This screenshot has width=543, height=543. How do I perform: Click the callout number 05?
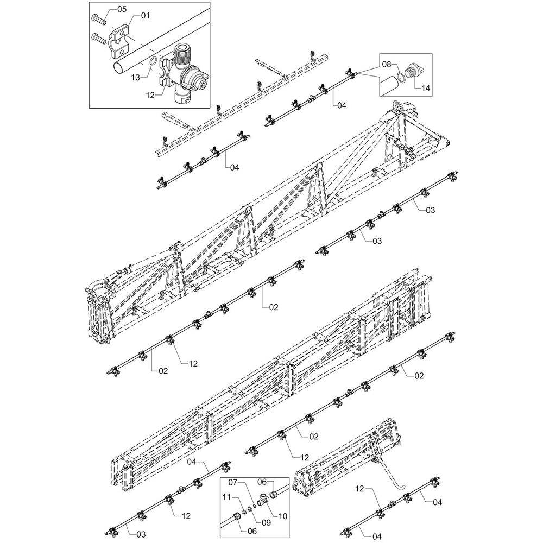121,9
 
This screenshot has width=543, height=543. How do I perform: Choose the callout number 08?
385,64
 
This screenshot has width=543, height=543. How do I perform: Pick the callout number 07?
232,482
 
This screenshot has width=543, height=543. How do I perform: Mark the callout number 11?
227,496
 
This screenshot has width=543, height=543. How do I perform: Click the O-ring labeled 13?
154,60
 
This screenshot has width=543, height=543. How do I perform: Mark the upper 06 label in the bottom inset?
276,482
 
